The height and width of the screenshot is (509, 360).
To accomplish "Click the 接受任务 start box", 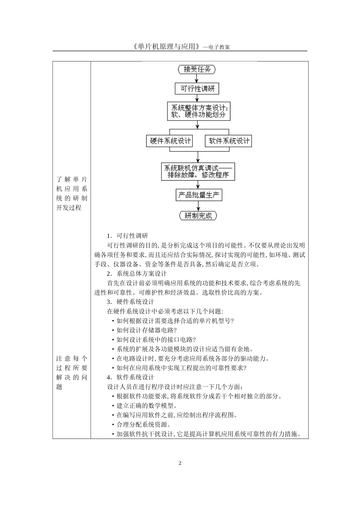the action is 197,69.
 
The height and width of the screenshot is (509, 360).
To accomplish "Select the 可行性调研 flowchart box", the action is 197,89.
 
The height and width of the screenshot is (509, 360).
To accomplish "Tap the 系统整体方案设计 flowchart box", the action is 198,111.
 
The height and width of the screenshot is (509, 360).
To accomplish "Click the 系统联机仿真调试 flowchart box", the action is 198,171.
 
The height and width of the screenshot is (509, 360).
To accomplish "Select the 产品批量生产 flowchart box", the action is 199,195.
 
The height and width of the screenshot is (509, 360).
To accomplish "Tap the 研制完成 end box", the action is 198,216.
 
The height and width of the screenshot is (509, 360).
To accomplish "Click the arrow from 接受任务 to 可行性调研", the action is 197,78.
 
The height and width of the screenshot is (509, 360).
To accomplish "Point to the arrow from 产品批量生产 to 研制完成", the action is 198,206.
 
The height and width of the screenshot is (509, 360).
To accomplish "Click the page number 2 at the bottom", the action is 180,463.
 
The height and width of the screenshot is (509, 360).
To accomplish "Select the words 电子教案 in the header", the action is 219,47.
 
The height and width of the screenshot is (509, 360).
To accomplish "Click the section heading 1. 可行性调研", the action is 127,236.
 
